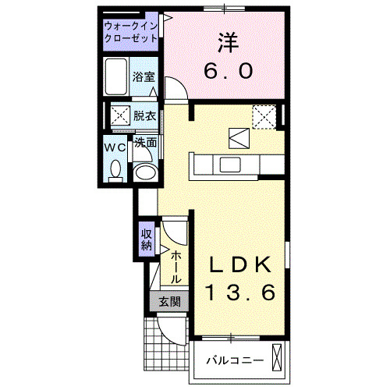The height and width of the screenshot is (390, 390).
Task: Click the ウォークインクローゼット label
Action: pyautogui.click(x=131, y=34)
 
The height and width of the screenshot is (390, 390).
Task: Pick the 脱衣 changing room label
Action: pyautogui.click(x=144, y=115)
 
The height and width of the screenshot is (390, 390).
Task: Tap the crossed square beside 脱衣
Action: pyautogui.click(x=120, y=116)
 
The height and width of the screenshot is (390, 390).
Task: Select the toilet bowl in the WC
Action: pyautogui.click(x=115, y=168)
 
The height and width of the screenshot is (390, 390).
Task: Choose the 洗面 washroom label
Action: pyautogui.click(x=145, y=143)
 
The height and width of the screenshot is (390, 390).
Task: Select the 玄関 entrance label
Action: pyautogui.click(x=169, y=302)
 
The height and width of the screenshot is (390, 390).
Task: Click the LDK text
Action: pyautogui.click(x=241, y=264)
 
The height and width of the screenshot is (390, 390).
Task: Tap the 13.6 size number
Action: pyautogui.click(x=241, y=293)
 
